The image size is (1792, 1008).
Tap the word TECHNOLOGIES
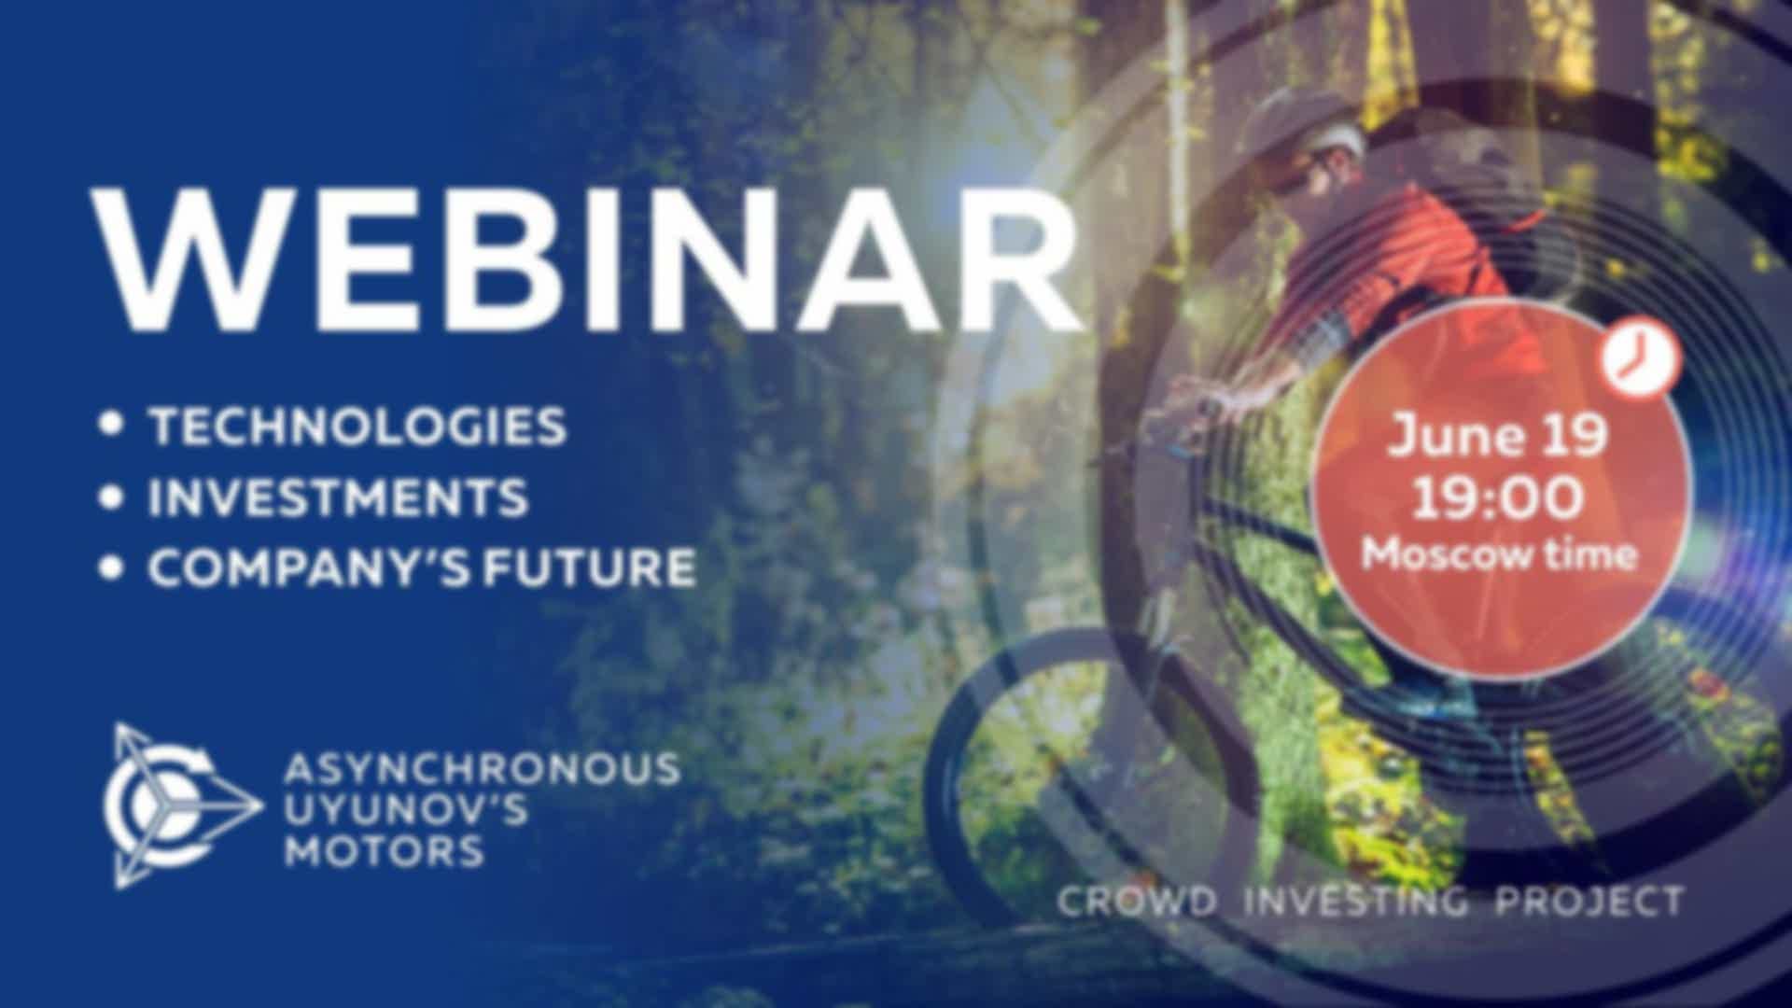click(x=358, y=426)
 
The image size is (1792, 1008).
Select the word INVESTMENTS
click(x=338, y=497)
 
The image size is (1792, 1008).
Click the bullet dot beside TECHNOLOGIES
click(x=112, y=425)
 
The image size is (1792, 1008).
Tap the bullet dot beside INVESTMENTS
click(x=112, y=497)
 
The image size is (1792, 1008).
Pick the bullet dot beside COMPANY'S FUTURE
click(x=112, y=567)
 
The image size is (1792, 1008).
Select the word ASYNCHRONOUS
click(x=482, y=769)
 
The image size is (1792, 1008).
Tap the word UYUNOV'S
click(x=406, y=809)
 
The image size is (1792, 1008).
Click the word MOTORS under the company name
click(x=384, y=850)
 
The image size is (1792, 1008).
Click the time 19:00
click(x=1498, y=497)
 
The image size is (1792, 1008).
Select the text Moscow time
click(x=1500, y=554)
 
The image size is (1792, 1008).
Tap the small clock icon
click(x=1642, y=358)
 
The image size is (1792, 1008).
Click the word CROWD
click(x=1138, y=902)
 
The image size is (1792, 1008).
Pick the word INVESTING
click(x=1356, y=903)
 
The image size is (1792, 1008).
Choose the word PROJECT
click(x=1589, y=902)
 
